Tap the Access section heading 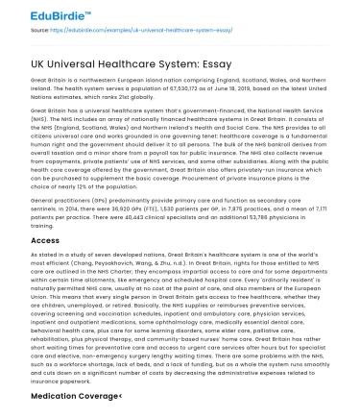45,241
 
